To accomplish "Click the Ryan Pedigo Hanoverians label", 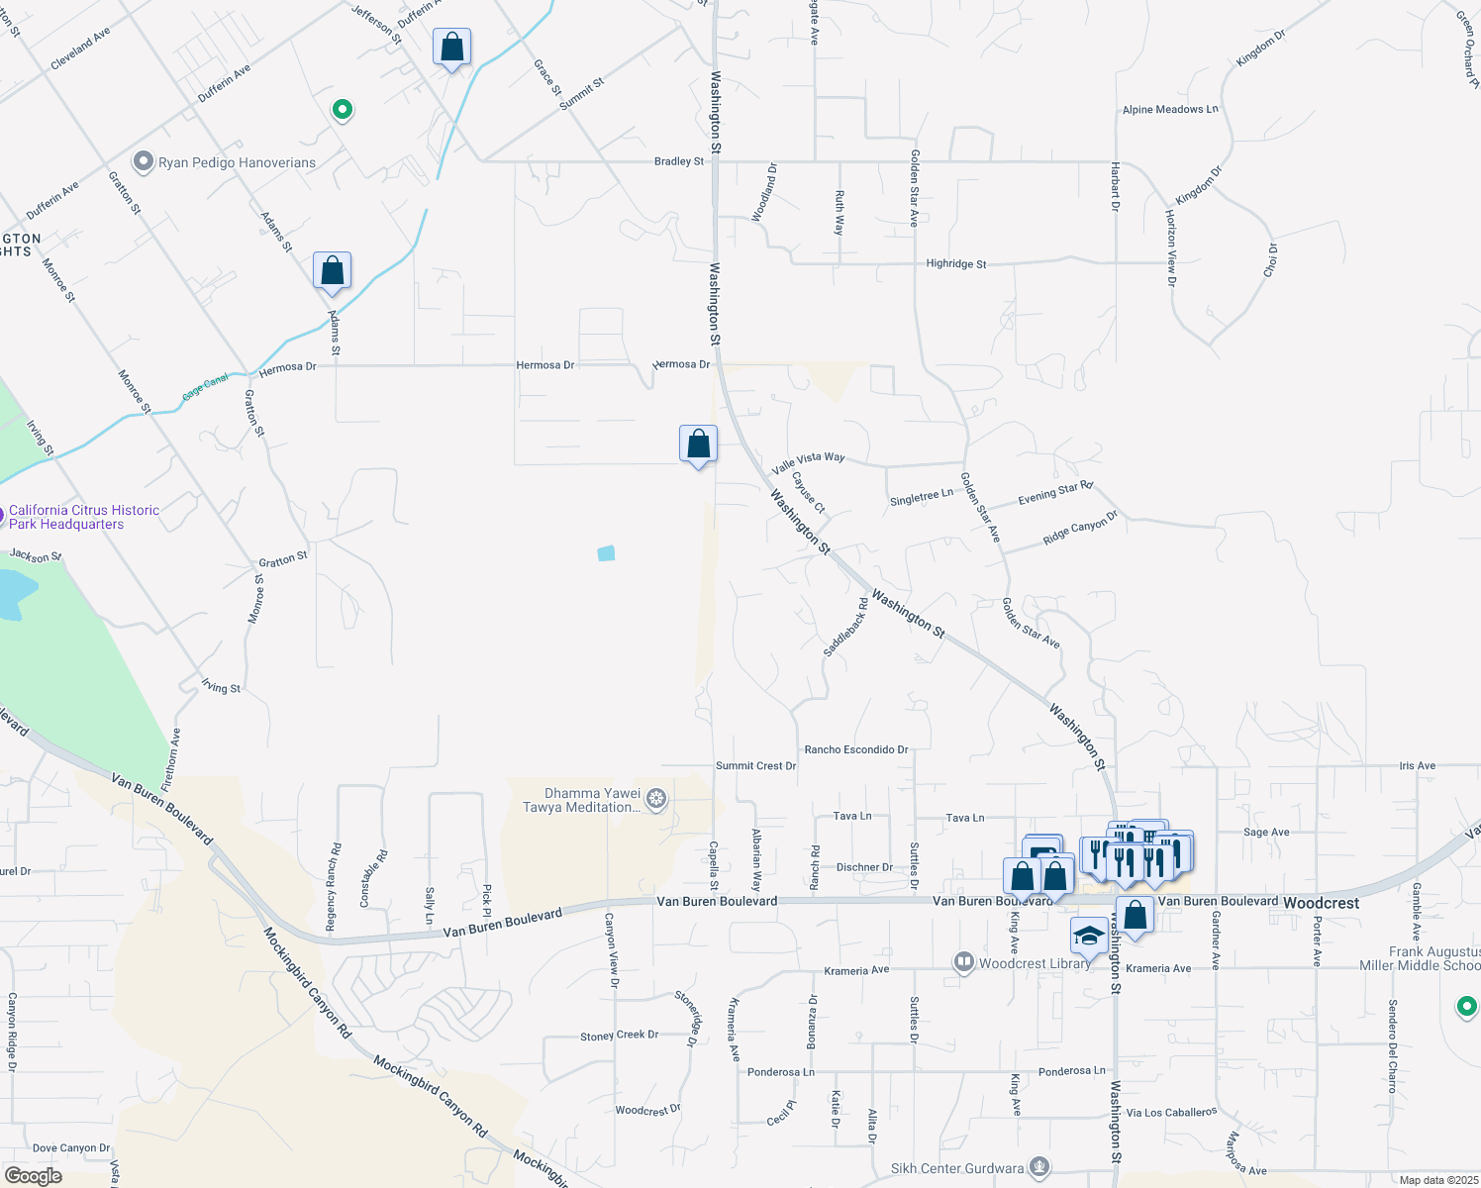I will [x=237, y=162].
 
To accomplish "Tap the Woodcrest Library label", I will [x=1034, y=963].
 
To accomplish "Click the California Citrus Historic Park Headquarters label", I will [x=84, y=517].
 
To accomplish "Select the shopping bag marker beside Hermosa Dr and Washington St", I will [x=698, y=445].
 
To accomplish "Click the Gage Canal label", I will [x=205, y=387].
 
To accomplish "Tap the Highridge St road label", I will [x=955, y=264].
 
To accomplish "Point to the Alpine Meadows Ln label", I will [x=1170, y=110].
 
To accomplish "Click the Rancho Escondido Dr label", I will [x=856, y=749].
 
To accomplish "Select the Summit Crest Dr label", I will [x=755, y=766].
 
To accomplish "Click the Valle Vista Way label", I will [x=808, y=460].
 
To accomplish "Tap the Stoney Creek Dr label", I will [x=619, y=1036].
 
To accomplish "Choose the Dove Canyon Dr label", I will [x=71, y=1148].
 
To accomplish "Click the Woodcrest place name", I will [x=1321, y=903].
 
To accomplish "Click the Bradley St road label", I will [x=679, y=161].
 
